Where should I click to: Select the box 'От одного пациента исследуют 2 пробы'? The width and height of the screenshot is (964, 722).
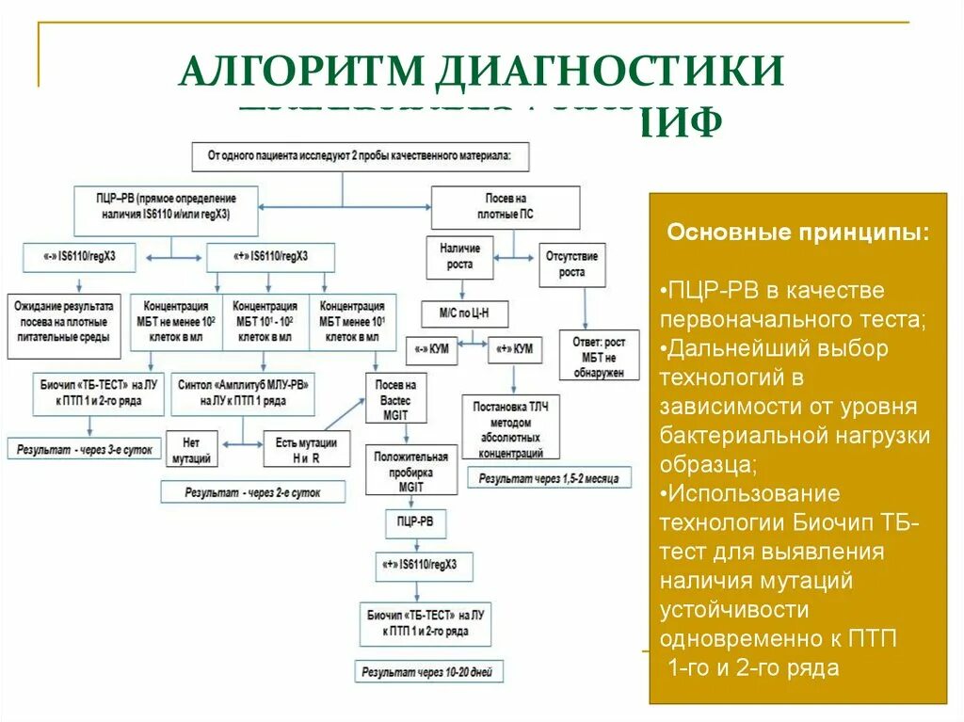(x=361, y=156)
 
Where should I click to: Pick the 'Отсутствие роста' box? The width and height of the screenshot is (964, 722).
(x=571, y=265)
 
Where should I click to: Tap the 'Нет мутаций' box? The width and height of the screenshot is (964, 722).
(x=191, y=449)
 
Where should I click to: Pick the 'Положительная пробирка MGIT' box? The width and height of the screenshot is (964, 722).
(x=410, y=472)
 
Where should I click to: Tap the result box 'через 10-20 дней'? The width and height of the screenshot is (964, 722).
(x=428, y=672)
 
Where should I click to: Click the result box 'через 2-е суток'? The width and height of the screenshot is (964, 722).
(x=252, y=491)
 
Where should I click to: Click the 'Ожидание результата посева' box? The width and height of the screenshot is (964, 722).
(x=64, y=327)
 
